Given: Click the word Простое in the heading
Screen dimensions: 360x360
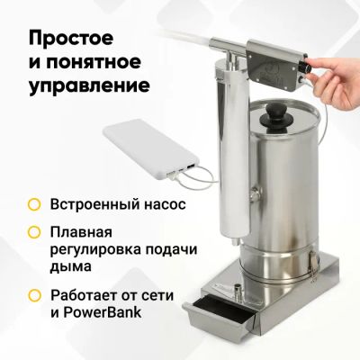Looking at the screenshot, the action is [x=71, y=40].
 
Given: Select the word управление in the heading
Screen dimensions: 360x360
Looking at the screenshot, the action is [x=89, y=85].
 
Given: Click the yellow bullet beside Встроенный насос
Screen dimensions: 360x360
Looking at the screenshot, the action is [x=34, y=204].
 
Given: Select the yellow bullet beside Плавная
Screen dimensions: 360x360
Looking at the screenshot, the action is [x=34, y=232].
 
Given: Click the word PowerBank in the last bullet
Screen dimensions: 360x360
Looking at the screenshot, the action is [x=102, y=312].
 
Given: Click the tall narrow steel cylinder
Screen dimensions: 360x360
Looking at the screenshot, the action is [x=233, y=150].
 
